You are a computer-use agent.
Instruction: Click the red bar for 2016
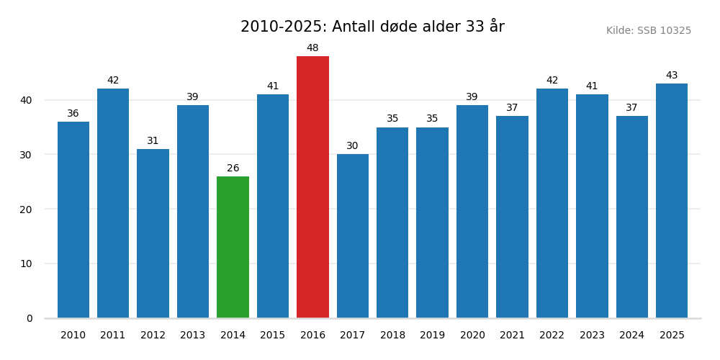pyautogui.click(x=312, y=187)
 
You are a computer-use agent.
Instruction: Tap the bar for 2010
pyautogui.click(x=73, y=220)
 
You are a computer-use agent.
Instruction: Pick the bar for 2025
pyautogui.click(x=672, y=201)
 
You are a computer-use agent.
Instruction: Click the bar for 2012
pyautogui.click(x=153, y=233)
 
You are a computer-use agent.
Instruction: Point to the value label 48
pyautogui.click(x=312, y=48)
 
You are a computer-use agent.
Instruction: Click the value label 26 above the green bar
pyautogui.click(x=233, y=168)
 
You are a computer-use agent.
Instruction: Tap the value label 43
pyautogui.click(x=672, y=76)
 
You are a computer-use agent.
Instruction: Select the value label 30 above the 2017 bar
pyautogui.click(x=352, y=146)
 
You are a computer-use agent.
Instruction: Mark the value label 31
pyautogui.click(x=153, y=141)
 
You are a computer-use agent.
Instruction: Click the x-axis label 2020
pyautogui.click(x=472, y=336)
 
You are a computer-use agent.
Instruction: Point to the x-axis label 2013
pyautogui.click(x=193, y=336)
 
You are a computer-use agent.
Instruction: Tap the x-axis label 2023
pyautogui.click(x=592, y=336)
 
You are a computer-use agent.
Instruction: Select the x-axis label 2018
pyautogui.click(x=392, y=336)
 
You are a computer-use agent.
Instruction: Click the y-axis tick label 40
pyautogui.click(x=26, y=100)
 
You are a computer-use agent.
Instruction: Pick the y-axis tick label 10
pyautogui.click(x=26, y=264)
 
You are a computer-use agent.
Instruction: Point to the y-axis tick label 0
pyautogui.click(x=30, y=318)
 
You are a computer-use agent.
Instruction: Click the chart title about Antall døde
pyautogui.click(x=372, y=27)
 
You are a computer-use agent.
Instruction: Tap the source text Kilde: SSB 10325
pyautogui.click(x=648, y=31)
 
